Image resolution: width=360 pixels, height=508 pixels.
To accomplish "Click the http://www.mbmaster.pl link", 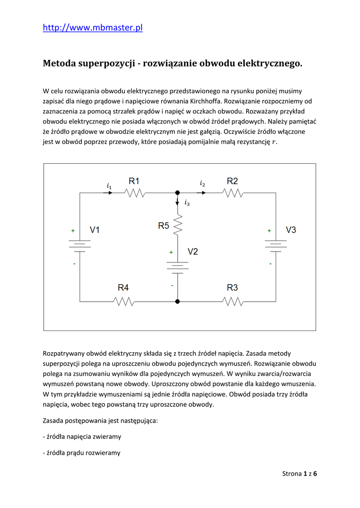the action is pyautogui.click(x=93, y=28).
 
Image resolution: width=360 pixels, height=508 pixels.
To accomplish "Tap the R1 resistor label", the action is pyautogui.click(x=135, y=181).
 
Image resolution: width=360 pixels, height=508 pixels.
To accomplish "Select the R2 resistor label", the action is pyautogui.click(x=232, y=181).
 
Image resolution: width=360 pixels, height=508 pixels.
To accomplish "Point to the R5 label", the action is pyautogui.click(x=164, y=226).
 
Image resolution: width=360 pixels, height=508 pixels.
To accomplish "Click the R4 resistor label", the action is pyautogui.click(x=123, y=287).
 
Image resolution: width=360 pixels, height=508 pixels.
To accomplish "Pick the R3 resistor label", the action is pyautogui.click(x=232, y=287).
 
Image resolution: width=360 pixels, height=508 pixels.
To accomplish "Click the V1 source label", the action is pyautogui.click(x=95, y=230).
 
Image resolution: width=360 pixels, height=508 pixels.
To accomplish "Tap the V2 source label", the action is pyautogui.click(x=193, y=252).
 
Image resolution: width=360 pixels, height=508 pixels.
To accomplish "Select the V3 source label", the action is pyautogui.click(x=291, y=230).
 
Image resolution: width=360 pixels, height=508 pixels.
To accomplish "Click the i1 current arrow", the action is pyautogui.click(x=109, y=192).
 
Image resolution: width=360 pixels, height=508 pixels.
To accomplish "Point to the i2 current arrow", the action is pyautogui.click(x=202, y=192).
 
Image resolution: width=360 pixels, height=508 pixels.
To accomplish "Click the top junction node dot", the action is pyautogui.click(x=178, y=192).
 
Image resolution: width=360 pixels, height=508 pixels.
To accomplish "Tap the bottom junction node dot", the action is pyautogui.click(x=178, y=301).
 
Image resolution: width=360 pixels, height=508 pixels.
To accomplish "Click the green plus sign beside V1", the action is pyautogui.click(x=73, y=231).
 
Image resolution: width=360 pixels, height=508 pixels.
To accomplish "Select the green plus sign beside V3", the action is pyautogui.click(x=269, y=231).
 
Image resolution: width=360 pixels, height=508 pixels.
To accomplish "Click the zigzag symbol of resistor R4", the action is pyautogui.click(x=123, y=301).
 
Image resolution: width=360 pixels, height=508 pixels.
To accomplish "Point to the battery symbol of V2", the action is pyautogui.click(x=178, y=267).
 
